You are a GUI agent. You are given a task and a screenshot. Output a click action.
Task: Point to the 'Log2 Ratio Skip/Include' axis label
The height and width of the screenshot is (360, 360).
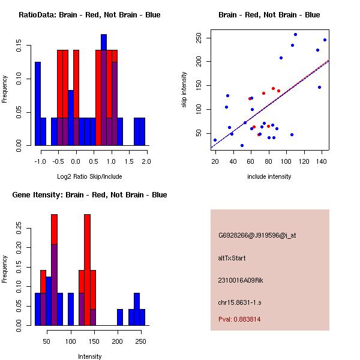89,176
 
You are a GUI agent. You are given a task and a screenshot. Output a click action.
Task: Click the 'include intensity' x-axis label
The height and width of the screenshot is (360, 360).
269,176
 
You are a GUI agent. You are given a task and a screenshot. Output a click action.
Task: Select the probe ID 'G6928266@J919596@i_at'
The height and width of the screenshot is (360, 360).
257,235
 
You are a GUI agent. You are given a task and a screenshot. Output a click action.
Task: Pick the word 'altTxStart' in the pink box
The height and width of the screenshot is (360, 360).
232,258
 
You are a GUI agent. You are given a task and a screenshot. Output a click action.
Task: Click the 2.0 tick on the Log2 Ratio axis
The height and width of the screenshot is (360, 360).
146,161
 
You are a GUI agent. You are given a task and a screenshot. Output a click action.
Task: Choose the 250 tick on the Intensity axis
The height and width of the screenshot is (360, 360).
141,341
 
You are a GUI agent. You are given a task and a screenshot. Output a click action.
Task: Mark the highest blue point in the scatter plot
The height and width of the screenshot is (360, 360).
295,34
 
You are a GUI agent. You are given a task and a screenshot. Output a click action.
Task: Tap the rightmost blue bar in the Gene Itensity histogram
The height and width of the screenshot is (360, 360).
142,317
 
